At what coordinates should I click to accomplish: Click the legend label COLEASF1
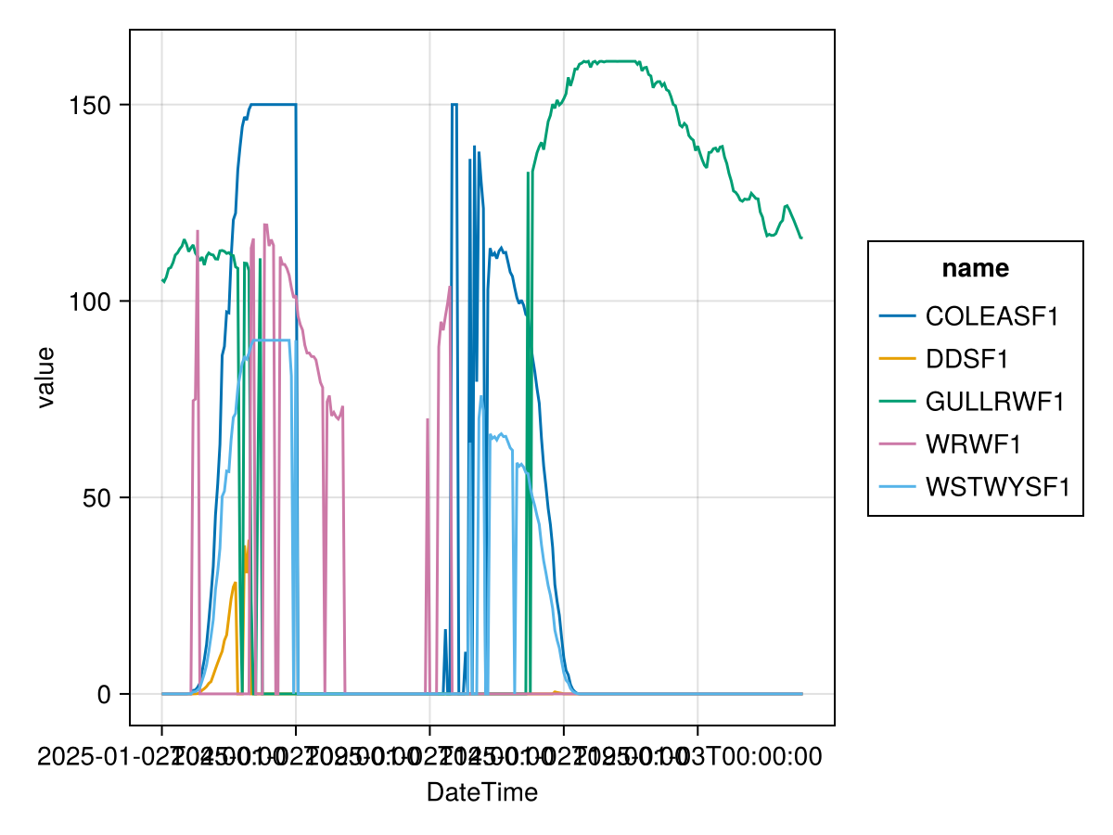pyautogui.click(x=991, y=316)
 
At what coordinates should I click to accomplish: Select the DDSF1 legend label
pyautogui.click(x=966, y=359)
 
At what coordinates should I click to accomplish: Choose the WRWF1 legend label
pyautogui.click(x=973, y=444)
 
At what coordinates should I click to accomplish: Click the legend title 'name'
pyautogui.click(x=975, y=269)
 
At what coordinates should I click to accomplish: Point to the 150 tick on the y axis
pyautogui.click(x=91, y=105)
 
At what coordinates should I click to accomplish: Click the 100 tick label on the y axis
pyautogui.click(x=91, y=302)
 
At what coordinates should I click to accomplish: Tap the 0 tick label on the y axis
pyautogui.click(x=105, y=694)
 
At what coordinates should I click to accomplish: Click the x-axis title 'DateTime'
pyautogui.click(x=481, y=792)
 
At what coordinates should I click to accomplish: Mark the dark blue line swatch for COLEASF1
pyautogui.click(x=897, y=316)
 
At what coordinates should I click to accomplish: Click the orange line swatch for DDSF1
pyautogui.click(x=897, y=359)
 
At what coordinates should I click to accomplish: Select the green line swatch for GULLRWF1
pyautogui.click(x=897, y=402)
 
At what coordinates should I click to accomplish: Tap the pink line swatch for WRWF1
pyautogui.click(x=897, y=444)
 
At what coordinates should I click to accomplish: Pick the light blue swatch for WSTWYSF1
pyautogui.click(x=897, y=487)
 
